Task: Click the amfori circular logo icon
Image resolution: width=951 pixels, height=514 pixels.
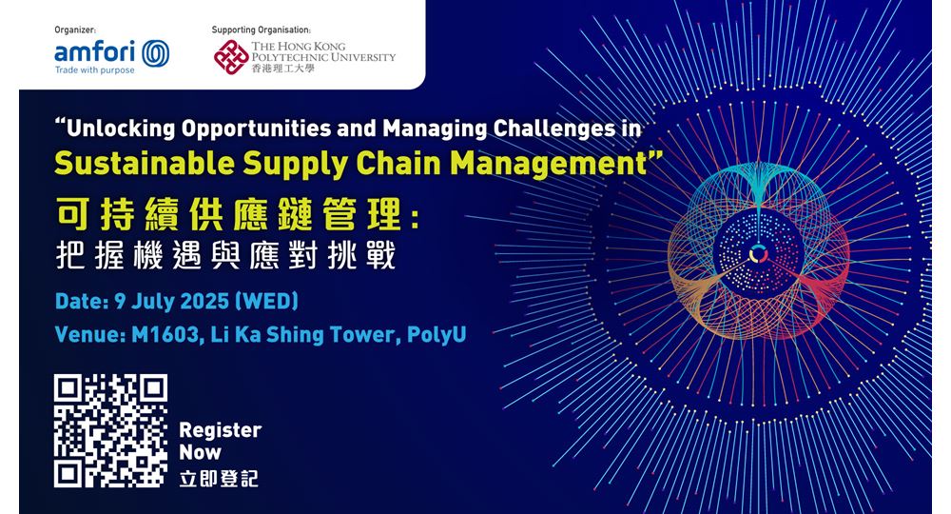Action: tap(156, 53)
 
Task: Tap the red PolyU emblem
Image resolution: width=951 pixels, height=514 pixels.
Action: tap(230, 57)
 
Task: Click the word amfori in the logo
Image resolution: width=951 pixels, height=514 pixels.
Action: tap(94, 51)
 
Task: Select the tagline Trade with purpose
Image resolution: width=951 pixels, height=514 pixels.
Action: tap(94, 70)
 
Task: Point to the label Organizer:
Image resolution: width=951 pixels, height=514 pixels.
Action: tap(75, 30)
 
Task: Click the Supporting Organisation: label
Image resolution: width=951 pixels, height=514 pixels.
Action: tap(261, 30)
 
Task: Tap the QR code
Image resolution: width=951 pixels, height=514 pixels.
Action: tap(110, 431)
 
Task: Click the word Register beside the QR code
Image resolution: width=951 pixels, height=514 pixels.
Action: tap(221, 430)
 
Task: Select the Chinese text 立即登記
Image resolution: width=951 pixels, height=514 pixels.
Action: tap(219, 478)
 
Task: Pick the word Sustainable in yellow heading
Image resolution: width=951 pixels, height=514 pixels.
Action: tap(145, 163)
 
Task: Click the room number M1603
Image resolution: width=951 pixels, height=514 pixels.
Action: tap(166, 335)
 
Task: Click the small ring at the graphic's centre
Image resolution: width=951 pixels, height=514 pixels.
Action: tap(758, 254)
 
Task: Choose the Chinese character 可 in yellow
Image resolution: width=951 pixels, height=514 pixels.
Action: tap(73, 215)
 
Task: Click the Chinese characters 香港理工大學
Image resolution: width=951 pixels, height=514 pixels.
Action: tap(283, 69)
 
